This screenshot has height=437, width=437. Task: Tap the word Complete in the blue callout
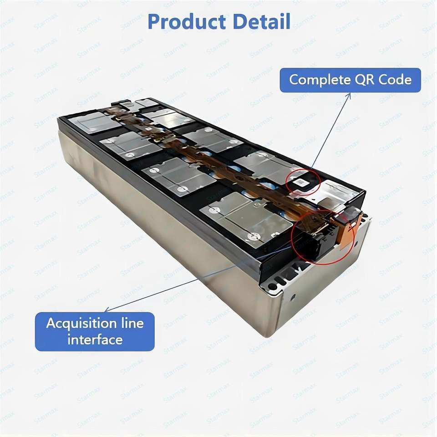click(x=316, y=80)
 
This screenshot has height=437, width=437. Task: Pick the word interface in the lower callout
click(x=95, y=340)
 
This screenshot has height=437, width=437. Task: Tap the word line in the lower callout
click(x=132, y=324)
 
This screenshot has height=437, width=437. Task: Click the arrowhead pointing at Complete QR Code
click(x=349, y=95)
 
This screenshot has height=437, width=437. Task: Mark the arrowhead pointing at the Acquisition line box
click(x=107, y=310)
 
